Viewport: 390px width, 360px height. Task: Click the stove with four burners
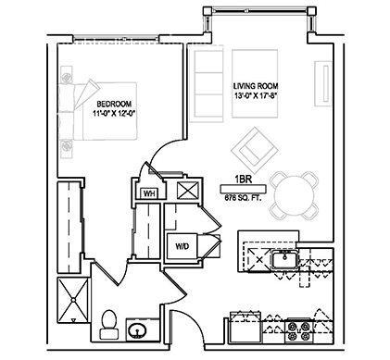pyautogui.click(x=301, y=329)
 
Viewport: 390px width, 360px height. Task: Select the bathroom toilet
pyautogui.click(x=107, y=324)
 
